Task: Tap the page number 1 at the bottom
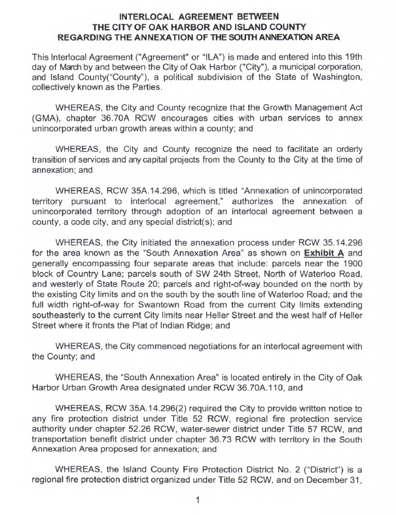(x=197, y=502)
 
